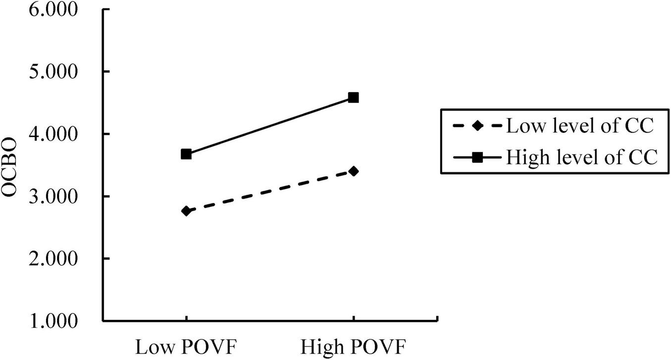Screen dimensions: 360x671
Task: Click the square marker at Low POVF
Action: (x=186, y=154)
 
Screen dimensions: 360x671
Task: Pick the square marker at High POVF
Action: (x=353, y=98)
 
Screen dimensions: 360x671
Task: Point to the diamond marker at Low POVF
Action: (x=186, y=211)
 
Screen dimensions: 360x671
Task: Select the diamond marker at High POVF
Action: (x=353, y=171)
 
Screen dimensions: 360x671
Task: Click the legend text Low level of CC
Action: (x=580, y=126)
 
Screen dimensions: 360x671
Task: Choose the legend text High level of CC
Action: (x=581, y=157)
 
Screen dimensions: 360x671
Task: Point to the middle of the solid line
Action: (x=269, y=126)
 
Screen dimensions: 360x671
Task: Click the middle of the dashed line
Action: (x=269, y=191)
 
